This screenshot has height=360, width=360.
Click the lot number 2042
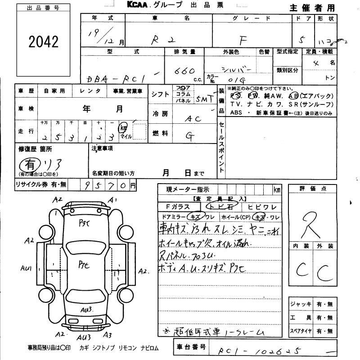pyautogui.click(x=44, y=42)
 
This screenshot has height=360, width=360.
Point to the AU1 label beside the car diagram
pyautogui.click(x=26, y=268)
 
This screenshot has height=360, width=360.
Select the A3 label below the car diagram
pyautogui.click(x=107, y=334)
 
